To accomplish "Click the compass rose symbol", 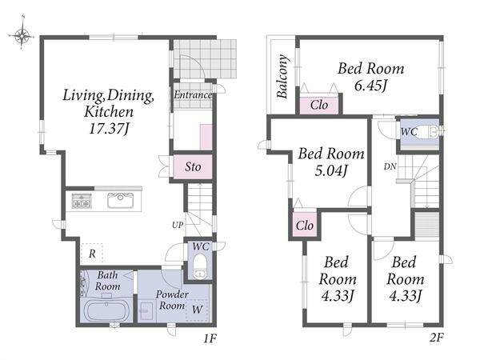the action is pyautogui.click(x=22, y=35).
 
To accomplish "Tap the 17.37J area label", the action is pyautogui.click(x=109, y=129).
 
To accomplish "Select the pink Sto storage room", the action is pyautogui.click(x=193, y=166).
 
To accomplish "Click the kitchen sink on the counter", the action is pyautogui.click(x=120, y=201).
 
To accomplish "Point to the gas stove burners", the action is pyautogui.click(x=82, y=201).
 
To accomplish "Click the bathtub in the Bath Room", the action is pyautogui.click(x=106, y=310).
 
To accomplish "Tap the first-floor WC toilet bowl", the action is pyautogui.click(x=200, y=266).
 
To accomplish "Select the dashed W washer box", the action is pyautogui.click(x=197, y=310).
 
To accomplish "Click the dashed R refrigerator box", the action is pyautogui.click(x=92, y=253).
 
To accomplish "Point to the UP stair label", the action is pyautogui.click(x=178, y=225).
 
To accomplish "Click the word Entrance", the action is pyautogui.click(x=193, y=95).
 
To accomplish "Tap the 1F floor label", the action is pyautogui.click(x=210, y=338).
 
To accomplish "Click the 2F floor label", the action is pyautogui.click(x=436, y=338).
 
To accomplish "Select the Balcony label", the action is pyautogui.click(x=282, y=76).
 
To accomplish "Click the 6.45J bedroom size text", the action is pyautogui.click(x=370, y=86).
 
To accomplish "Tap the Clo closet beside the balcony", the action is pyautogui.click(x=319, y=105).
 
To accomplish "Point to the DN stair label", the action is pyautogui.click(x=390, y=167).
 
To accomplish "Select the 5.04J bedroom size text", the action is pyautogui.click(x=331, y=171).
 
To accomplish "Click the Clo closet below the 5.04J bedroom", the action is pyautogui.click(x=305, y=226).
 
